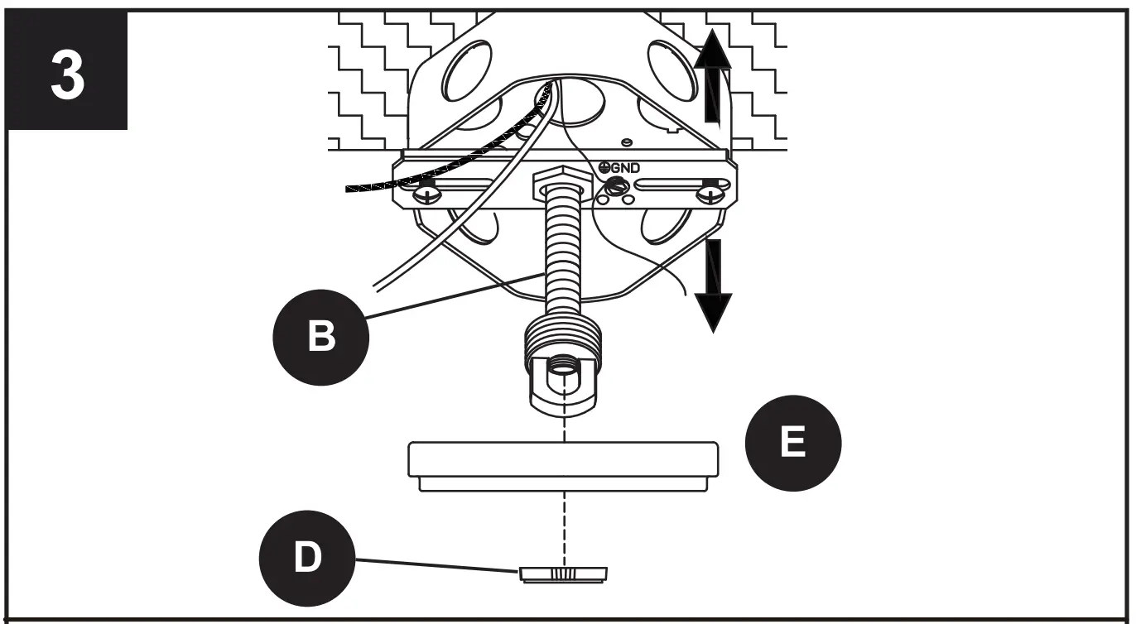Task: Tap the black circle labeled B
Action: (x=322, y=337)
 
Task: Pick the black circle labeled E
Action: (x=793, y=443)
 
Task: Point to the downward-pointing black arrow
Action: (x=712, y=286)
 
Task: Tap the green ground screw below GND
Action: (x=614, y=187)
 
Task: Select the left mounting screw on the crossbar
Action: (x=427, y=194)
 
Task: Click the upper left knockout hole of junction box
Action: (x=467, y=70)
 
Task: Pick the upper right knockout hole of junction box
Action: (x=672, y=70)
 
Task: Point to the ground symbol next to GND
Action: (x=604, y=167)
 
